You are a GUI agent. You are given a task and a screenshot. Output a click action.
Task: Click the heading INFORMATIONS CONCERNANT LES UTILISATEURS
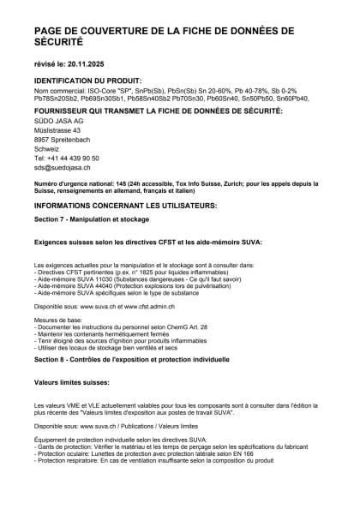tap(125, 207)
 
